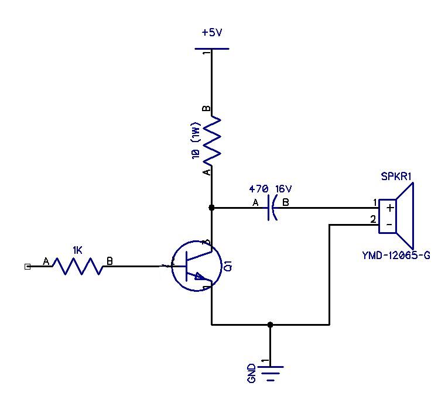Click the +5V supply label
(x=212, y=33)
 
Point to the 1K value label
(x=77, y=250)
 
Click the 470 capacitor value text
(x=258, y=189)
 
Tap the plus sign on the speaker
(x=389, y=208)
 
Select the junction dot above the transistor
(x=211, y=208)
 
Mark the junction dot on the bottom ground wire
(x=270, y=324)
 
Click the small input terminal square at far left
(x=27, y=267)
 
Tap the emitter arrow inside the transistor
(x=199, y=277)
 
